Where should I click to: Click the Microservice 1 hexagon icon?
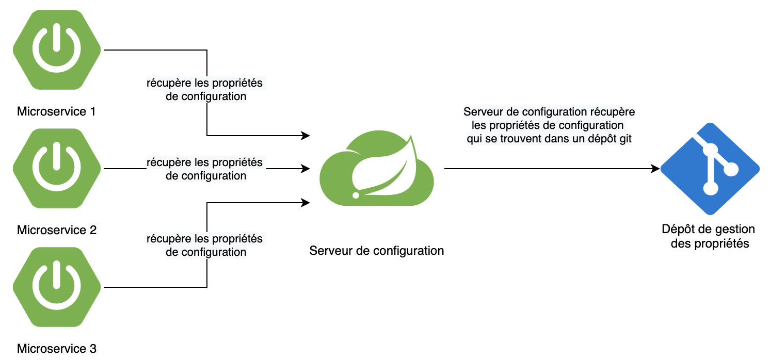tap(56, 50)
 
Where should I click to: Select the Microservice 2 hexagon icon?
tap(56, 168)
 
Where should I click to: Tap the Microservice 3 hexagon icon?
tap(56, 287)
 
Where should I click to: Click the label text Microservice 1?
tap(57, 111)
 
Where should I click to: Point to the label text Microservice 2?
tap(57, 230)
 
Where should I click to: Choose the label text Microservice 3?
tap(57, 349)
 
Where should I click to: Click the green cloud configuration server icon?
tap(377, 168)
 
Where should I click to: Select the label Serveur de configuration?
tap(377, 251)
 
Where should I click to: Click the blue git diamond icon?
tap(710, 168)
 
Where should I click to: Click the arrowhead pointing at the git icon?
tap(656, 168)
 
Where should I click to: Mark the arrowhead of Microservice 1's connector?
tap(306, 136)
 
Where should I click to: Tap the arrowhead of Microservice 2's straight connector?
tap(306, 168)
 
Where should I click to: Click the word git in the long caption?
tap(625, 139)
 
